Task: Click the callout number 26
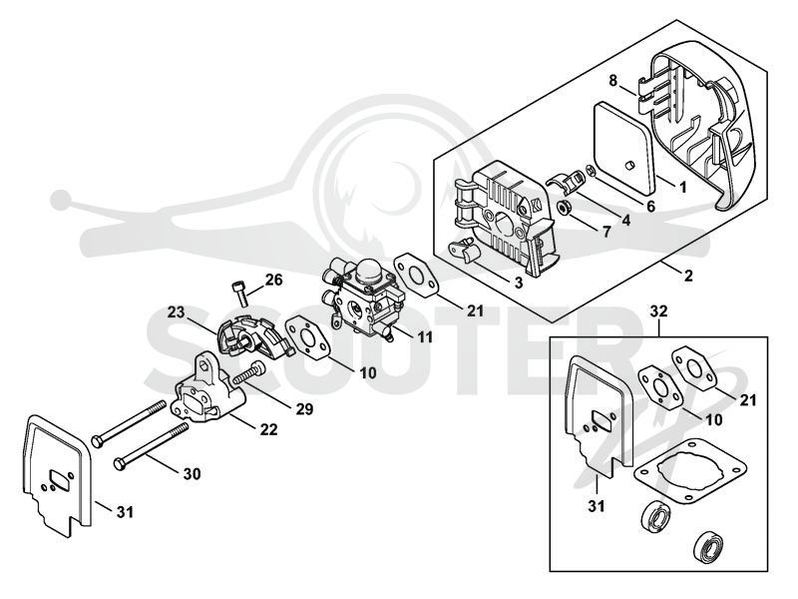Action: tap(273, 281)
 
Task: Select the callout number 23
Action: tap(176, 311)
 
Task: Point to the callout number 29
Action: tap(304, 408)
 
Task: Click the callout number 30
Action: tap(192, 473)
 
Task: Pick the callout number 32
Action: tap(659, 310)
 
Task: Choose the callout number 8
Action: tap(612, 81)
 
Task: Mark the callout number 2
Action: tap(688, 276)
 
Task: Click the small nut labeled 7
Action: tap(564, 208)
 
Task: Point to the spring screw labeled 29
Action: tap(249, 373)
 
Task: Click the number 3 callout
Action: tap(518, 283)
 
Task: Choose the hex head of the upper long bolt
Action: tap(97, 440)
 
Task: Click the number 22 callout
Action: tap(268, 429)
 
